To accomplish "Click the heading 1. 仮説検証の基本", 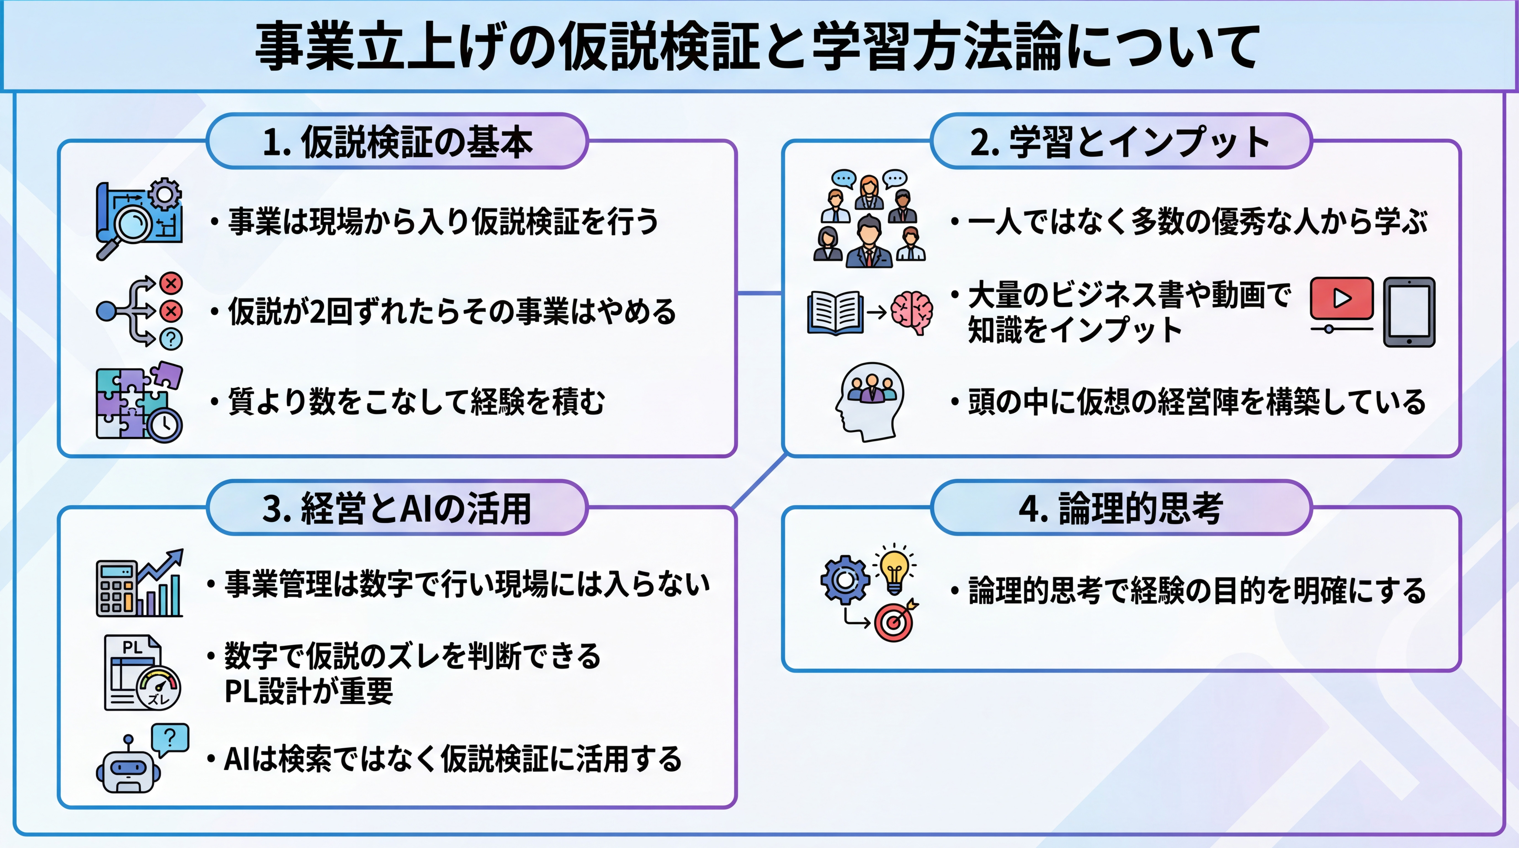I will [397, 142].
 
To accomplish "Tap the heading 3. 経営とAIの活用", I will [397, 508].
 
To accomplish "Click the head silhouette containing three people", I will [870, 401].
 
